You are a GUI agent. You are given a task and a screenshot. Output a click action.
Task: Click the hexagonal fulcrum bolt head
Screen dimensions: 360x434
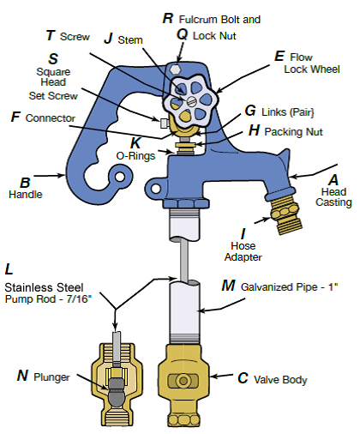(x=175, y=69)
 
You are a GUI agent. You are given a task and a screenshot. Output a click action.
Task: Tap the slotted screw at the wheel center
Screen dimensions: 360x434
(x=191, y=101)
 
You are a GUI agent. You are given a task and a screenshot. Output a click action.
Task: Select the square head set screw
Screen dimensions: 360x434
(x=164, y=124)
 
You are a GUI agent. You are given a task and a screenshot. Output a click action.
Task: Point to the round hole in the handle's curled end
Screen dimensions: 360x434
(x=120, y=177)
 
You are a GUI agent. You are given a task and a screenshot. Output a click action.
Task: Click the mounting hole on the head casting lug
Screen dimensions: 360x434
(x=155, y=189)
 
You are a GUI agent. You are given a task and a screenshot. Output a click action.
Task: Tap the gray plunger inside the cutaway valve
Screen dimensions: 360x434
(x=117, y=392)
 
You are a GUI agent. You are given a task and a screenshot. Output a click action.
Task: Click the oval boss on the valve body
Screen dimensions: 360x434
(x=183, y=381)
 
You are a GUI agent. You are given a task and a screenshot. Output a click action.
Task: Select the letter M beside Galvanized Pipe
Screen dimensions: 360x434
(x=228, y=286)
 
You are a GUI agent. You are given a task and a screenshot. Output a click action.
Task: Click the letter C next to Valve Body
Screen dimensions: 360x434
(x=243, y=378)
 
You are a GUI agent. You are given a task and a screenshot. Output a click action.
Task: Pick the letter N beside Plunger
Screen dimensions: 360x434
(x=22, y=376)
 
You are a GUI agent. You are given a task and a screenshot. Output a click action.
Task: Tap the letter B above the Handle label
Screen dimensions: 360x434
(x=25, y=183)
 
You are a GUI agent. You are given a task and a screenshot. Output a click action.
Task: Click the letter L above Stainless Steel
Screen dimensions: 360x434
(x=9, y=269)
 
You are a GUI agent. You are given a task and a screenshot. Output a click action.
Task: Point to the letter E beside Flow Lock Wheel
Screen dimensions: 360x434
(x=279, y=56)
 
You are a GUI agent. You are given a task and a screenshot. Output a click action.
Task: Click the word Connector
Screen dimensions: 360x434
(x=51, y=118)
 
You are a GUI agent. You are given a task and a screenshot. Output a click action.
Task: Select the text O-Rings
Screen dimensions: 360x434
(x=135, y=156)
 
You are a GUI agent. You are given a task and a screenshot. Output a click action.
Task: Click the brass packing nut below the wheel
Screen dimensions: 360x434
(x=185, y=145)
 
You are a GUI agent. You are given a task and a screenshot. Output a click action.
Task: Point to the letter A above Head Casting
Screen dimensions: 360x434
(x=333, y=180)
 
